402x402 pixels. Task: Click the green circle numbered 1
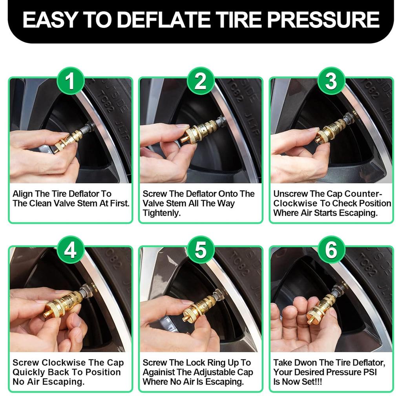coord(70,82)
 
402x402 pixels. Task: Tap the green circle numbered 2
coord(201,82)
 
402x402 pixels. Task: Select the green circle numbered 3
coord(331,82)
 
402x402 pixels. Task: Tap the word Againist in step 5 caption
coord(159,372)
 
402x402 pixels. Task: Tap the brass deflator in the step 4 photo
coord(63,304)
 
